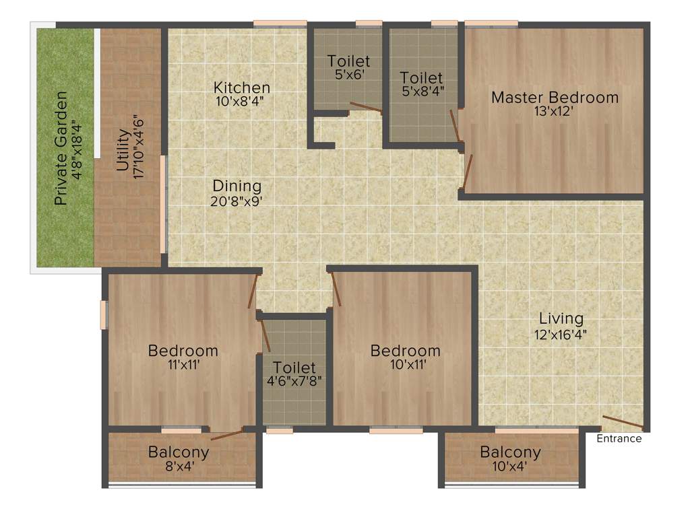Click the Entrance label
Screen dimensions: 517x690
619,439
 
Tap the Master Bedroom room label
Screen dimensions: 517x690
555,98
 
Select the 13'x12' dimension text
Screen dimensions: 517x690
555,112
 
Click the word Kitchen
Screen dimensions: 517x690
242,88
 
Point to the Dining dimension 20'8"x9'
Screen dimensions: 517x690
237,200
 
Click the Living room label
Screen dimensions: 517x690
561,318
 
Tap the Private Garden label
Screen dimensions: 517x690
61,147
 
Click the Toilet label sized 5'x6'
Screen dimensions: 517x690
349,61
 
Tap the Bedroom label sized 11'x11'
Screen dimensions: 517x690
183,351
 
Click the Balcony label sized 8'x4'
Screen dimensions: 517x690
179,452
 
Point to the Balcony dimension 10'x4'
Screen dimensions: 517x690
510,467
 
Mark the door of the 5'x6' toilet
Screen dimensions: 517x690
365,106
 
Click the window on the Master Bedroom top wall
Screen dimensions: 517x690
491,24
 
